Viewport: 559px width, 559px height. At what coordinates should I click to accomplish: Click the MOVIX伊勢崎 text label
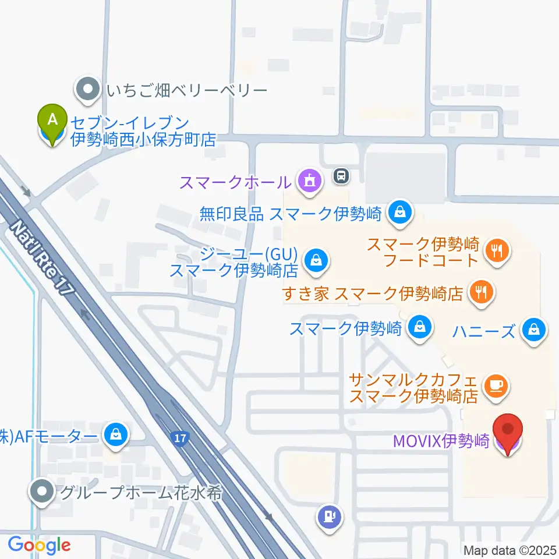click(x=441, y=441)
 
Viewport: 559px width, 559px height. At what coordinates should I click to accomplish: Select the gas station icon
click(x=329, y=516)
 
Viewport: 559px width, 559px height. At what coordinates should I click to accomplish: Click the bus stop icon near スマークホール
click(x=341, y=175)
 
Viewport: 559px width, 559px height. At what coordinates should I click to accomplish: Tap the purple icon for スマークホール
click(x=309, y=181)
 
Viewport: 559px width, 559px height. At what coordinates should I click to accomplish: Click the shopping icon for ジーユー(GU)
click(x=316, y=260)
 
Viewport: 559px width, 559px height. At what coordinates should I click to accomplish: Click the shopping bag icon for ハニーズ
click(x=533, y=329)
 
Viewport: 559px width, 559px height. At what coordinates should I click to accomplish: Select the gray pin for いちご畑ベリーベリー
click(x=89, y=90)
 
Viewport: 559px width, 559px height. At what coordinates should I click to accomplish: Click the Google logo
click(x=39, y=545)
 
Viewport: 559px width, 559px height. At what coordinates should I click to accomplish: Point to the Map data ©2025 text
click(x=510, y=550)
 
